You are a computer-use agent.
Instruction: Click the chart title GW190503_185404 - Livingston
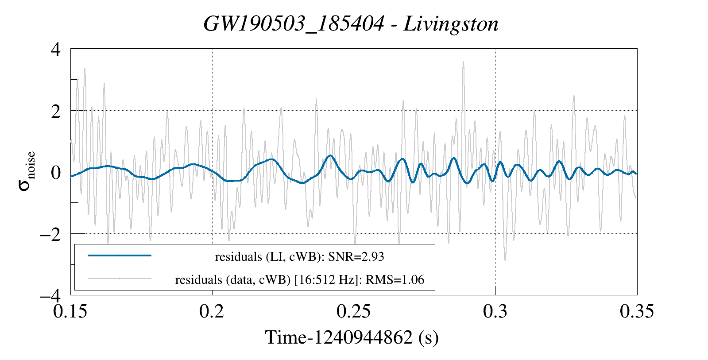(351, 24)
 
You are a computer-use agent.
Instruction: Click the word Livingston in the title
(451, 24)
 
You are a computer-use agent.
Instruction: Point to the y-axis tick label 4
(55, 49)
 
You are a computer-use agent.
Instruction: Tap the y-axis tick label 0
(55, 172)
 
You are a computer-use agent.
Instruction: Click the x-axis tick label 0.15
(71, 311)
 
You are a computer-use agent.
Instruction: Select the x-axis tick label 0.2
(212, 311)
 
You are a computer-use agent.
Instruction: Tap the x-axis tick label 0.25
(354, 311)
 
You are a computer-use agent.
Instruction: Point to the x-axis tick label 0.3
(495, 311)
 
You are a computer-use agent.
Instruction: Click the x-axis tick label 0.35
(637, 311)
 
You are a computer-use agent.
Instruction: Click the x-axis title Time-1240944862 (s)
(352, 337)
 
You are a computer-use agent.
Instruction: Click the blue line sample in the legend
(120, 255)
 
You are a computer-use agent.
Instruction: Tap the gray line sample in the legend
(120, 279)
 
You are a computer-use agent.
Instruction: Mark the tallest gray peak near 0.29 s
(463, 62)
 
